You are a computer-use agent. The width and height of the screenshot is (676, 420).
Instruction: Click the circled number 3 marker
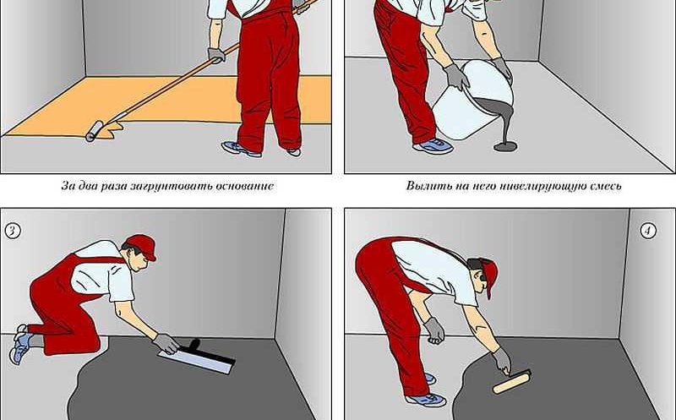coord(13,231)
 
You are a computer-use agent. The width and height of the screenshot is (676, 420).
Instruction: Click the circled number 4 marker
coord(648,232)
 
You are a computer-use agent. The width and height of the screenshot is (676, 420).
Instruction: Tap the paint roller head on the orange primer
coord(94,131)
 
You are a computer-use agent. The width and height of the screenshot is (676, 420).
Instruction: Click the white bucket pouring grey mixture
coord(472,100)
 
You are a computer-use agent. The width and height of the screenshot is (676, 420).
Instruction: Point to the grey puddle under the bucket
coord(505,146)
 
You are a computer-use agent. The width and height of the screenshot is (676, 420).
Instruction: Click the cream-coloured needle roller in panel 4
coord(512,383)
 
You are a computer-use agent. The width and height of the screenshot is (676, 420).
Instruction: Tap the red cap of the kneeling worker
coord(143,246)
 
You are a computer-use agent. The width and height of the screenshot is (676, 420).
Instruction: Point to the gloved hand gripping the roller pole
coord(216,55)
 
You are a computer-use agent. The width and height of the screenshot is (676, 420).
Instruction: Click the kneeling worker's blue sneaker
coord(20,344)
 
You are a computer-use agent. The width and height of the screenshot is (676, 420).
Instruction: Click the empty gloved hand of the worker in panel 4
coord(434,330)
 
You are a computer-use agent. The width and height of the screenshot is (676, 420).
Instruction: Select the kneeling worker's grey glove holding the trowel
coord(166,343)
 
